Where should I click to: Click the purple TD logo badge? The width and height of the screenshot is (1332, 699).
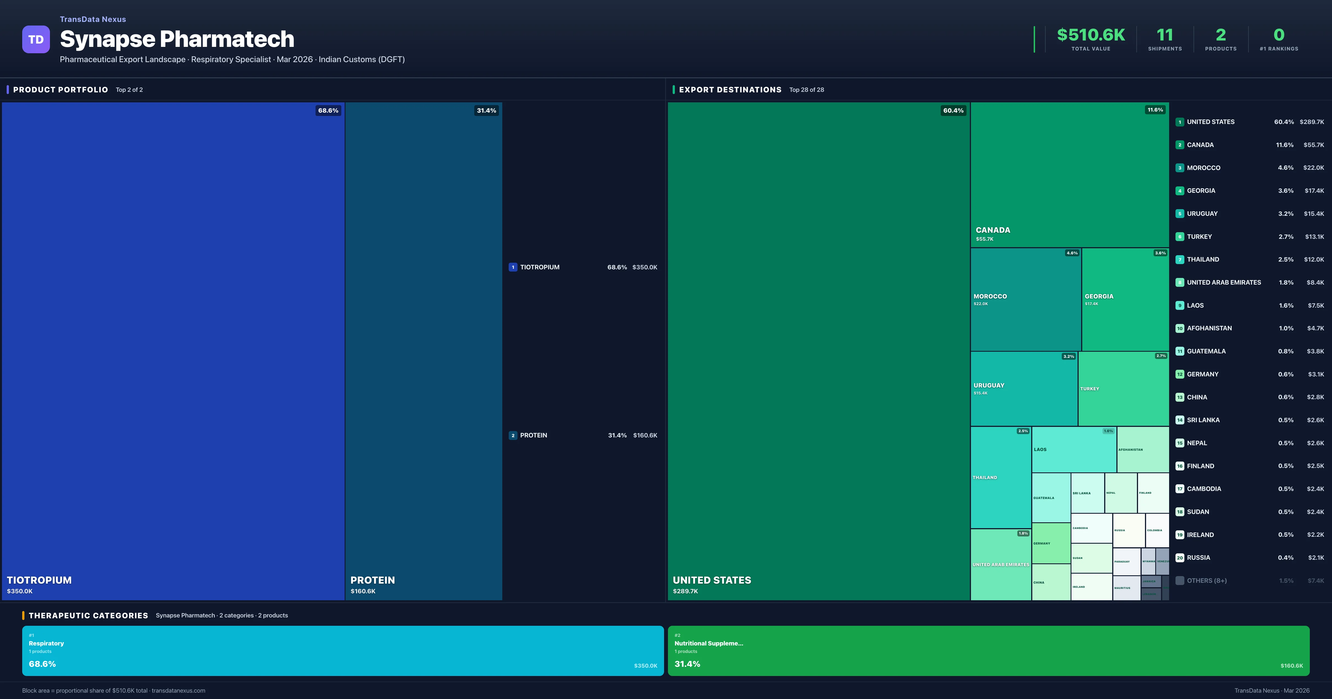[36, 39]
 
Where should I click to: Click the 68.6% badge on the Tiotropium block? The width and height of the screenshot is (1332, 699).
[328, 111]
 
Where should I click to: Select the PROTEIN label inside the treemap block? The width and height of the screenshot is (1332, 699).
[372, 580]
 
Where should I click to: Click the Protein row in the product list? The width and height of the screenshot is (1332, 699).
[583, 435]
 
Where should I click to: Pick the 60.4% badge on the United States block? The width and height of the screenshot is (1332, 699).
[953, 111]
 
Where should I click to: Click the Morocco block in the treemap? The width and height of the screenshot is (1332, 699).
[1025, 300]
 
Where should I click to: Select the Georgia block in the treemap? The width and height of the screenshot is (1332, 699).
[1125, 300]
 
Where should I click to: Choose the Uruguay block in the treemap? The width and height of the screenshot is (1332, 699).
[1024, 389]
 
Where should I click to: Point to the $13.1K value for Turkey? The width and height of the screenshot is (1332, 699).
[1314, 237]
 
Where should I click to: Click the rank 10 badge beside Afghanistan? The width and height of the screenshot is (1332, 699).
[1179, 328]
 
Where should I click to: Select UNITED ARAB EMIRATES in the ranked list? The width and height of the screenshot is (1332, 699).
[1223, 282]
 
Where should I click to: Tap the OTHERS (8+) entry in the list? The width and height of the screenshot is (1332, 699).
[1206, 581]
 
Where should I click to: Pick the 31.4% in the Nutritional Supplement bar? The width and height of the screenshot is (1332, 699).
[687, 664]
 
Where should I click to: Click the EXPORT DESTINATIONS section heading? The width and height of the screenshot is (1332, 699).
[730, 90]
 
